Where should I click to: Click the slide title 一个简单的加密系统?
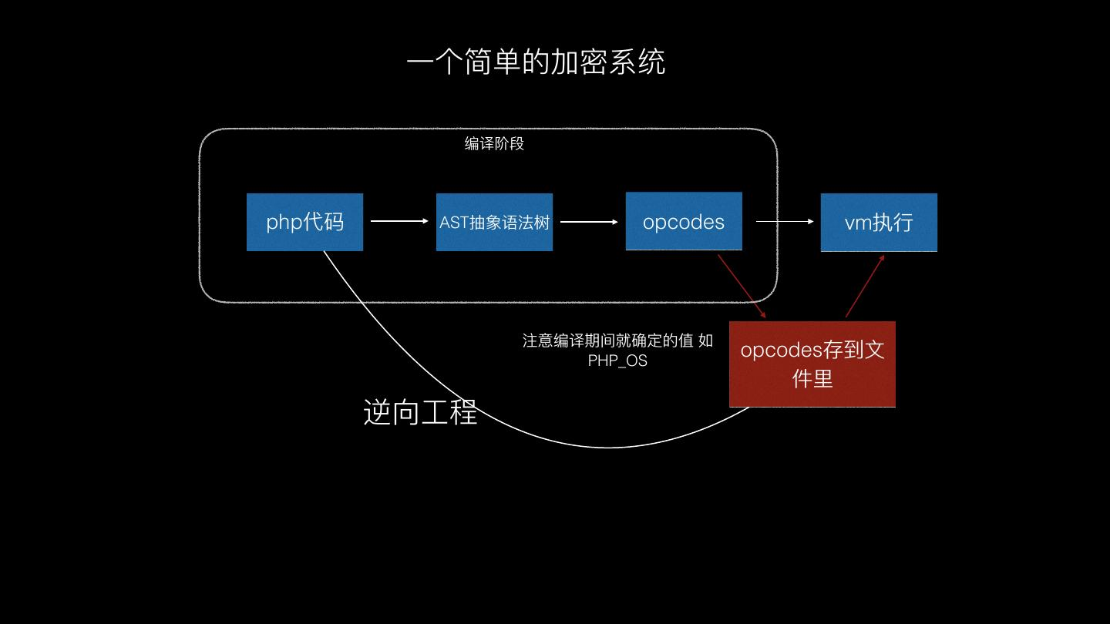[536, 62]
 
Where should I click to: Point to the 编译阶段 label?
[494, 143]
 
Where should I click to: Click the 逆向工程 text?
[420, 412]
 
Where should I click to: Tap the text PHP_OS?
[617, 361]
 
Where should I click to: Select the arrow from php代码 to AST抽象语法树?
[399, 221]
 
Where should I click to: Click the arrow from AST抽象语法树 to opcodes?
[589, 222]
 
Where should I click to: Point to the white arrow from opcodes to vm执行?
[785, 222]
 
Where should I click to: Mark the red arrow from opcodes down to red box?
[742, 285]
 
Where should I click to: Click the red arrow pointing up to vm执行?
[865, 286]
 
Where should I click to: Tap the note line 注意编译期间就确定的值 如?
[617, 341]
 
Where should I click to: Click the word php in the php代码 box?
[284, 223]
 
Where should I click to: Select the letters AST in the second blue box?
[454, 223]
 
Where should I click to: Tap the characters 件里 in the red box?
[812, 378]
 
